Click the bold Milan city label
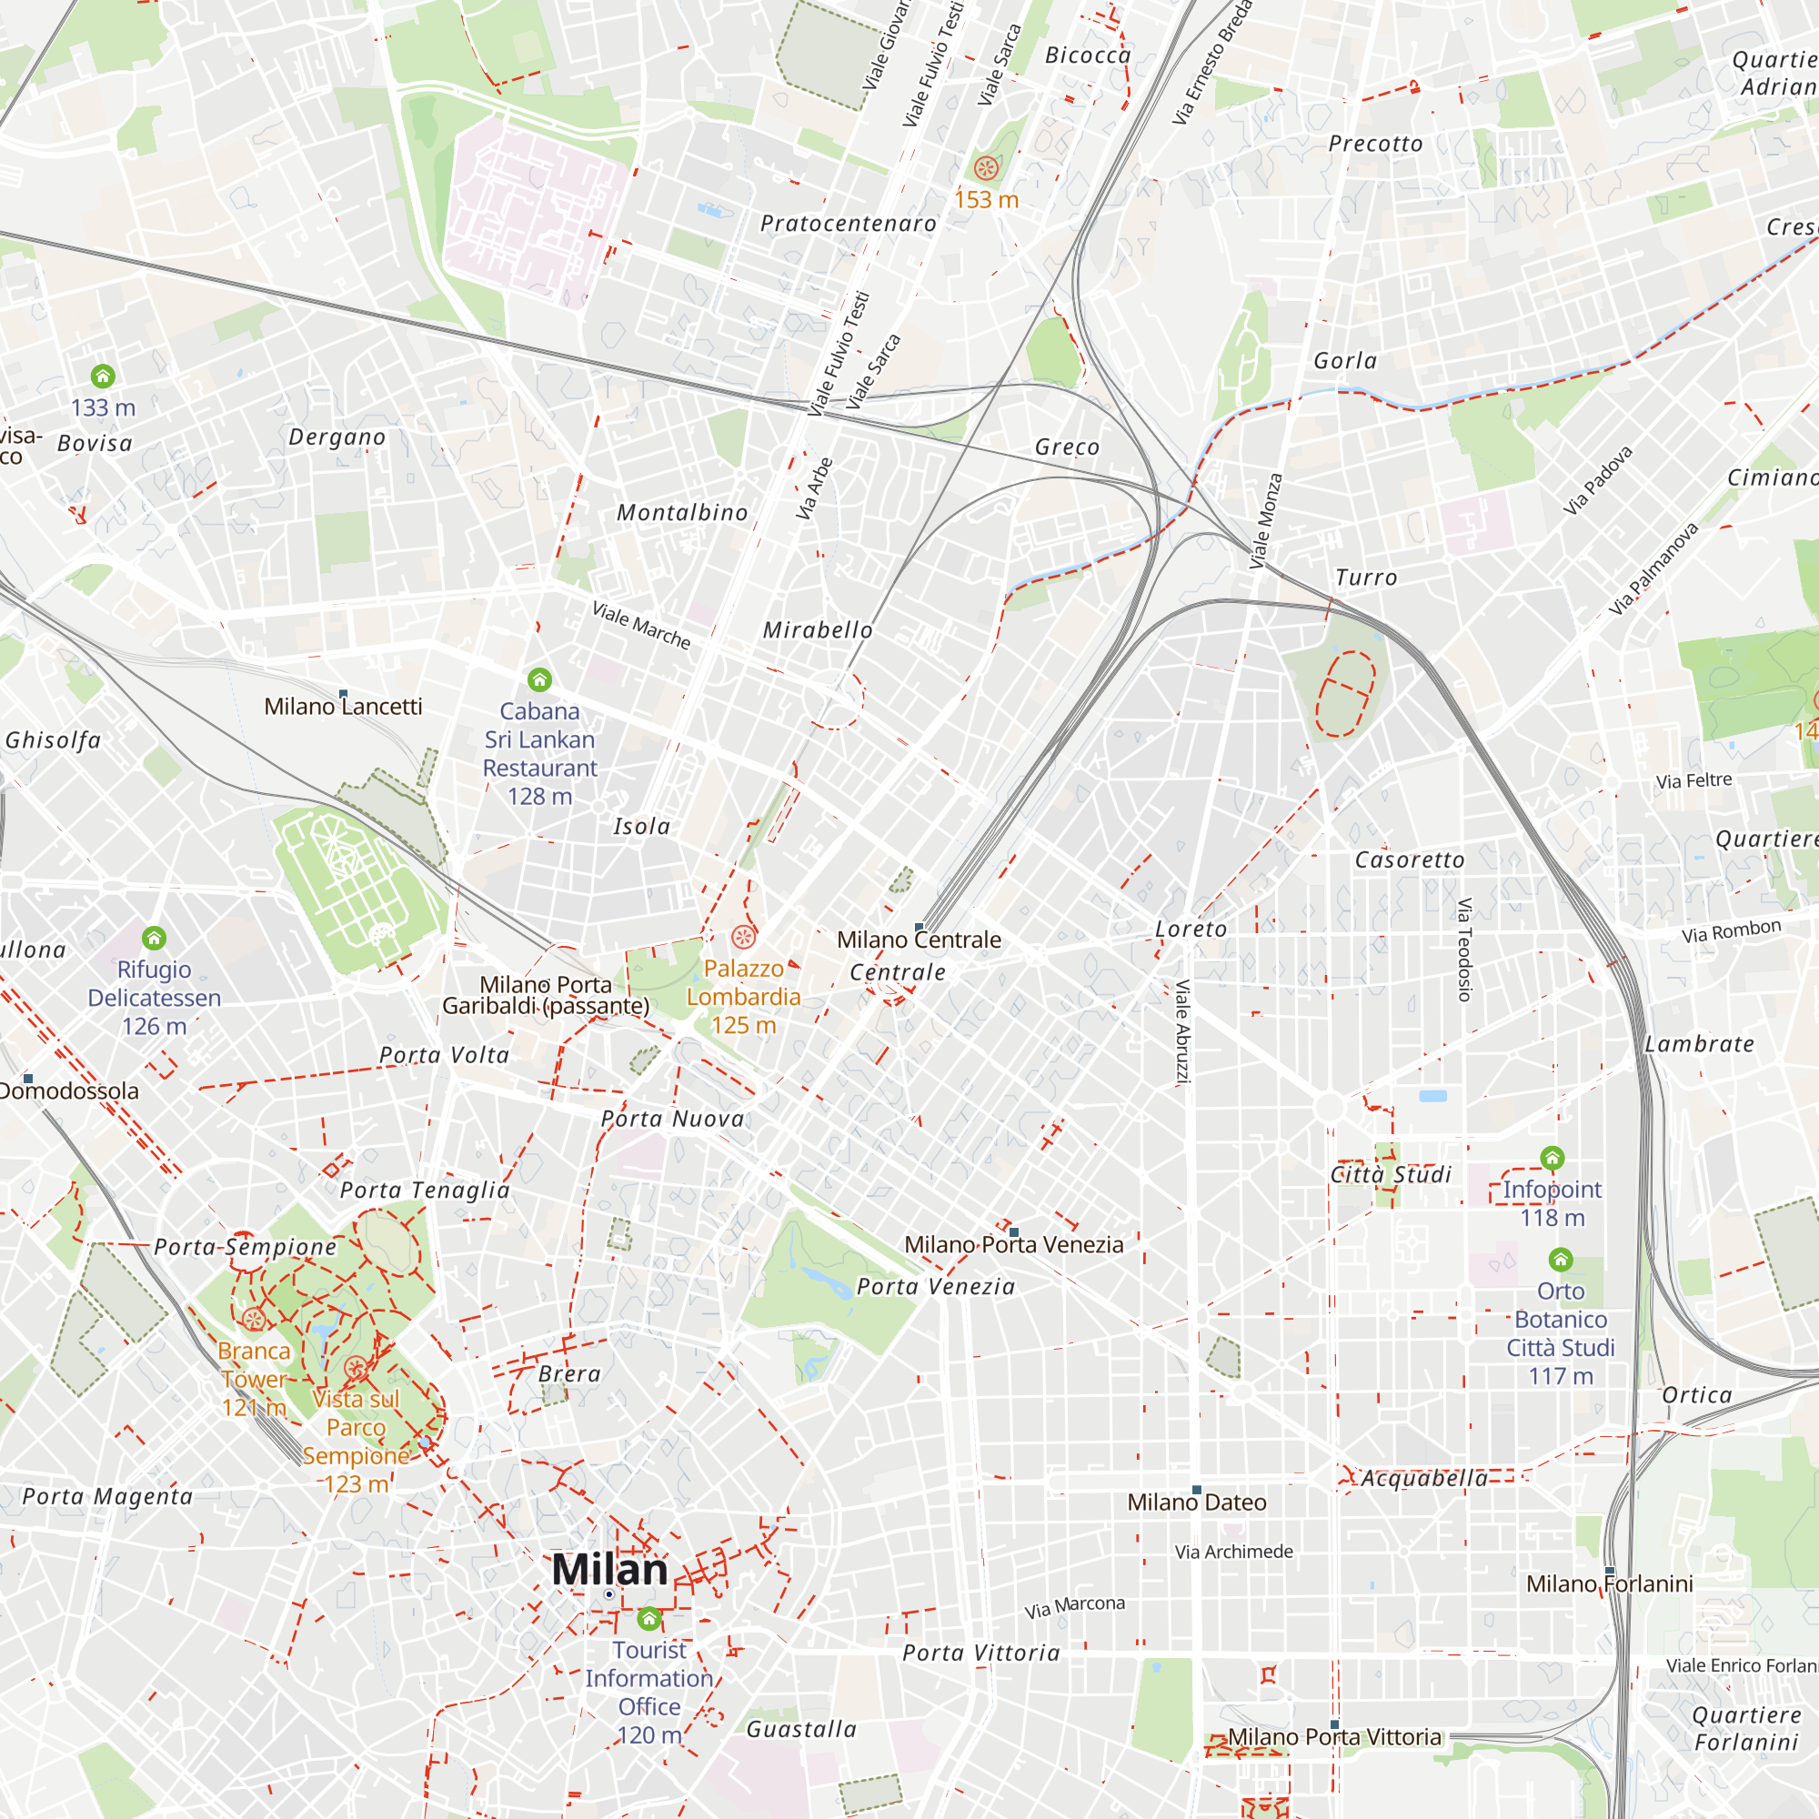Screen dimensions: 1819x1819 609,1570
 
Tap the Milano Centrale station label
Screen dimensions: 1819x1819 918,940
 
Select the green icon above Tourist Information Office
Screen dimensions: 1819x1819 648,1619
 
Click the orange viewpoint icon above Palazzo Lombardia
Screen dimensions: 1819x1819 743,937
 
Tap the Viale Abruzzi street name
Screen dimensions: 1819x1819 1182,1031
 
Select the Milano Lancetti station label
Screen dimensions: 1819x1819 343,706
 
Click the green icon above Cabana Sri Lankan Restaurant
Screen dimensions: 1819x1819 538,678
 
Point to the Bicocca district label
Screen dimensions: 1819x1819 1088,55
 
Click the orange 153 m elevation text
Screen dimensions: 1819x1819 986,199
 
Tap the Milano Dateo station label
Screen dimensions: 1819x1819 1196,1502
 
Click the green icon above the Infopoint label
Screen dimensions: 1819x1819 1552,1157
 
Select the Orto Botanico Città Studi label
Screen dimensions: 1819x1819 1560,1333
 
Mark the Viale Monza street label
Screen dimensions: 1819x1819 1264,520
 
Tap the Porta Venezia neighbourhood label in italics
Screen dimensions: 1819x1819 935,1287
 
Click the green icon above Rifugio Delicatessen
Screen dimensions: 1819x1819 154,938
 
